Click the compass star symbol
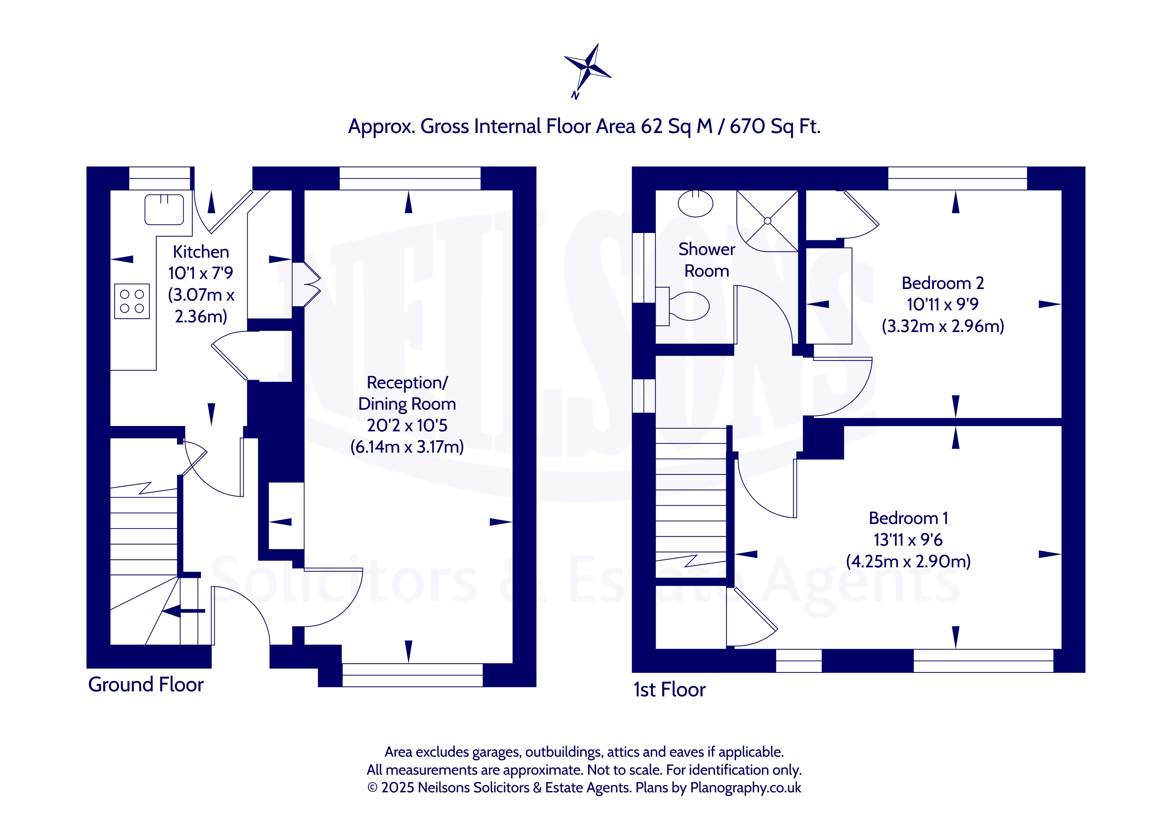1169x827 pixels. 588,68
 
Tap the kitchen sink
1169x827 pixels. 164,209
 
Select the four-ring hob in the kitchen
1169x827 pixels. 132,301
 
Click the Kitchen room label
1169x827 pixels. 201,252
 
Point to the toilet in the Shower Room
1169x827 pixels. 683,306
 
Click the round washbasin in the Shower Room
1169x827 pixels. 695,204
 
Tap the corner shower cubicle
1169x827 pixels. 767,221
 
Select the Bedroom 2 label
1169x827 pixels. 942,283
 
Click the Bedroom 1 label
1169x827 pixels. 908,518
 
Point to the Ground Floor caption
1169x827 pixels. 146,684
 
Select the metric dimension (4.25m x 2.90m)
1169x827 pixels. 908,561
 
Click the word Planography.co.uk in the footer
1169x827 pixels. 745,787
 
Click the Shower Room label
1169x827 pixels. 707,260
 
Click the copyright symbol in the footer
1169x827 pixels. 372,788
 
